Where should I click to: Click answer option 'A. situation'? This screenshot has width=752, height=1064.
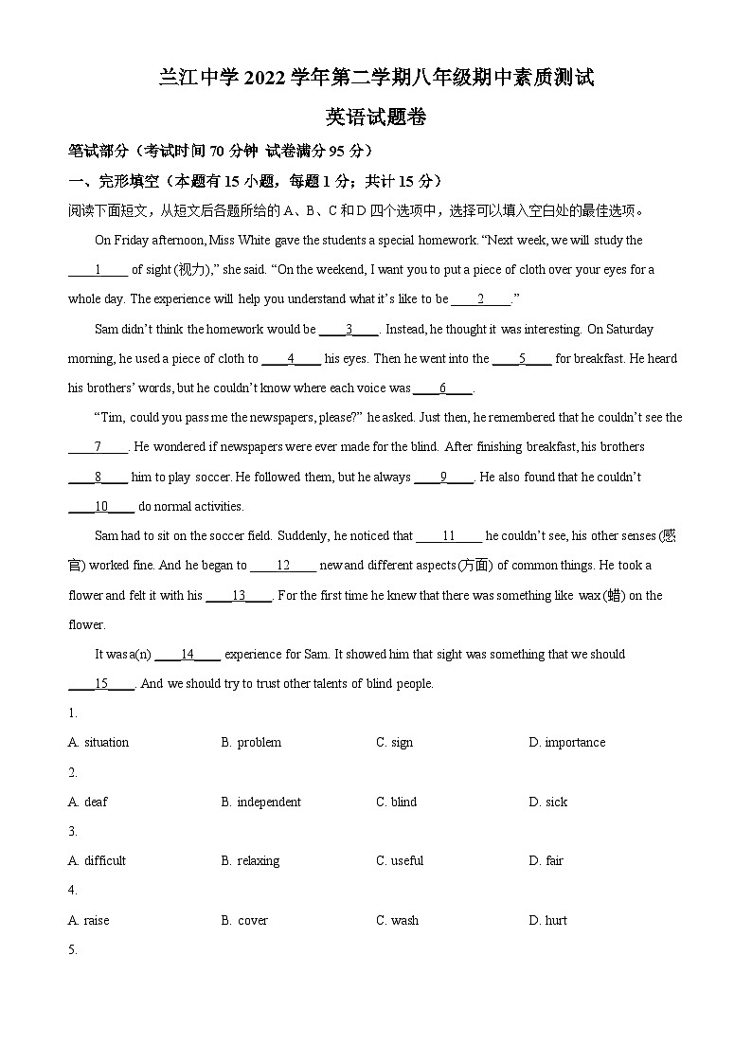point(98,743)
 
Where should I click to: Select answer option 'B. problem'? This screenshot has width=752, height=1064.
point(251,743)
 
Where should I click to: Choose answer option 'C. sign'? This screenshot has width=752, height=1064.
point(394,743)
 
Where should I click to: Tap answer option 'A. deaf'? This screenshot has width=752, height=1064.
point(88,803)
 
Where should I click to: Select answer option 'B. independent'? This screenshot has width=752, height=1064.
point(260,803)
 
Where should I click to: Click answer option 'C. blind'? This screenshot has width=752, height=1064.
point(396,803)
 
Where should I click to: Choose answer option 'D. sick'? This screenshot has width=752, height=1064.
point(548,803)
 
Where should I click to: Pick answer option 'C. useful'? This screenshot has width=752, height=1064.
point(400,861)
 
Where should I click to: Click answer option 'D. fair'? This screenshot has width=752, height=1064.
point(546,861)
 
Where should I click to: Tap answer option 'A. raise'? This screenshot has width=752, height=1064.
point(89,921)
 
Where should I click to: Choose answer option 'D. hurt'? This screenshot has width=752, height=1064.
point(547,921)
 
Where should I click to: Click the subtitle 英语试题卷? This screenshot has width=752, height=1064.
point(376,117)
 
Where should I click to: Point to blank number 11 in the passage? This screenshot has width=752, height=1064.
point(449,536)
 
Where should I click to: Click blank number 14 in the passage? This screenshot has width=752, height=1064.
point(187,655)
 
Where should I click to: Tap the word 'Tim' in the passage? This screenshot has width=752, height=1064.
point(111,418)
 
